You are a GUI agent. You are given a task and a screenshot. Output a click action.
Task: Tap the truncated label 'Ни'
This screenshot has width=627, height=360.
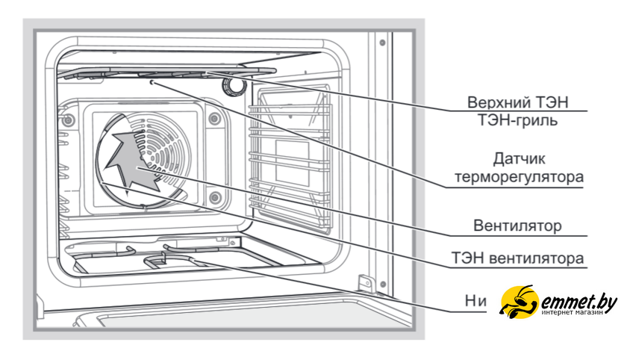click(x=475, y=301)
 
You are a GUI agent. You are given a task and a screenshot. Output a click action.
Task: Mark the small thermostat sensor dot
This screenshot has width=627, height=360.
click(x=153, y=83)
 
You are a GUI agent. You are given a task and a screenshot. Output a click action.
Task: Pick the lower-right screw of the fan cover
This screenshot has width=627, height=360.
click(x=215, y=197)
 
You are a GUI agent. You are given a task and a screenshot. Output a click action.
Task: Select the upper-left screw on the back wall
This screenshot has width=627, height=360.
click(x=68, y=120)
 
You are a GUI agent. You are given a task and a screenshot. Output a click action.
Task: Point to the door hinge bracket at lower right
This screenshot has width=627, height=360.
click(x=365, y=284)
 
